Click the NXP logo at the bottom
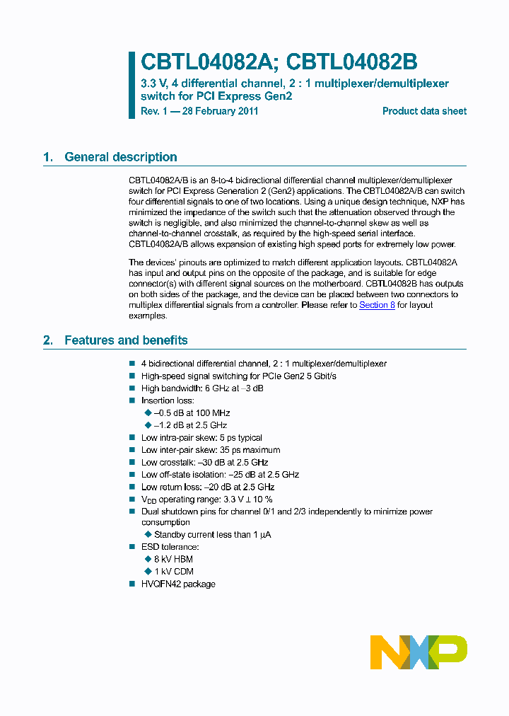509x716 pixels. pyautogui.click(x=419, y=652)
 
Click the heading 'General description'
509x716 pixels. pyautogui.click(x=120, y=157)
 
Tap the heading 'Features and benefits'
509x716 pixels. pyautogui.click(x=126, y=340)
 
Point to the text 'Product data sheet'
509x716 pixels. pyautogui.click(x=424, y=111)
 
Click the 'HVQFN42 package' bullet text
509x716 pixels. pyautogui.click(x=178, y=584)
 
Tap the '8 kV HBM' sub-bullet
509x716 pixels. pyautogui.click(x=173, y=559)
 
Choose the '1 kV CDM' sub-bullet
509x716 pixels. pyautogui.click(x=173, y=571)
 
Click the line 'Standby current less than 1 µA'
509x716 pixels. pyautogui.click(x=212, y=534)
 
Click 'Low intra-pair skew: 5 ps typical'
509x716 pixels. pyautogui.click(x=201, y=437)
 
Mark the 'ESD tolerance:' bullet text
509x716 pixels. pyautogui.click(x=170, y=547)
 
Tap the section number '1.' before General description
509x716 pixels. pyautogui.click(x=48, y=157)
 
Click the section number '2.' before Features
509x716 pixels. pyautogui.click(x=48, y=340)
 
